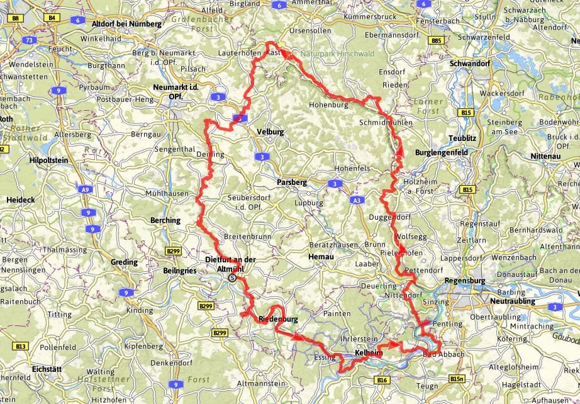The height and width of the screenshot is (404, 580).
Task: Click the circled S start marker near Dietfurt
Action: pyautogui.click(x=233, y=277)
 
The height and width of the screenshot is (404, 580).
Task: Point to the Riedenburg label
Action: pyautogui.click(x=277, y=320)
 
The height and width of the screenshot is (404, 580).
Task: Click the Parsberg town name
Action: pyautogui.click(x=293, y=182)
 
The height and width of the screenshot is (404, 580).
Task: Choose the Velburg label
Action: pyautogui.click(x=270, y=132)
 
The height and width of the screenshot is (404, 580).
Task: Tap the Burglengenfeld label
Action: pyautogui.click(x=442, y=153)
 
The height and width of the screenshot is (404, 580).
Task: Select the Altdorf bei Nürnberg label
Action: pyautogui.click(x=127, y=24)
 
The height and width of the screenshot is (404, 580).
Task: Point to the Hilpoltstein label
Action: pyautogui.click(x=49, y=160)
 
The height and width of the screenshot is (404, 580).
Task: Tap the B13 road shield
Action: pyautogui.click(x=21, y=346)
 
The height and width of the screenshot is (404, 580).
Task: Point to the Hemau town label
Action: pyautogui.click(x=320, y=257)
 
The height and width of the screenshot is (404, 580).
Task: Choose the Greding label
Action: pyautogui.click(x=125, y=262)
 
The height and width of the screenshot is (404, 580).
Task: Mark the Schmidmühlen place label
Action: pyautogui.click(x=384, y=122)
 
